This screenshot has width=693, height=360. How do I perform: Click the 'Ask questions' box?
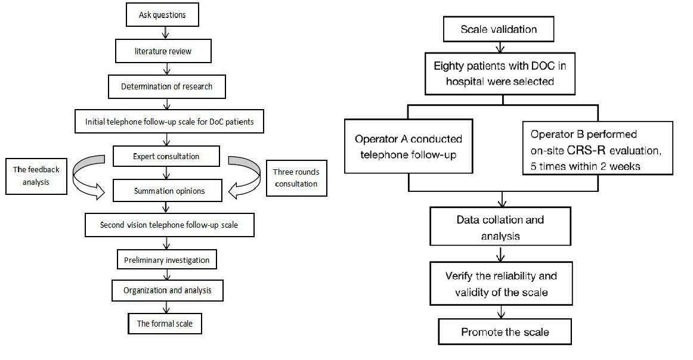pyautogui.click(x=162, y=14)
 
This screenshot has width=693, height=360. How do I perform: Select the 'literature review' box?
pyautogui.click(x=163, y=51)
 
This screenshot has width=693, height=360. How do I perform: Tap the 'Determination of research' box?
pyautogui.click(x=166, y=86)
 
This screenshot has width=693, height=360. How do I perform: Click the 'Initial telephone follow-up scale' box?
pyautogui.click(x=169, y=122)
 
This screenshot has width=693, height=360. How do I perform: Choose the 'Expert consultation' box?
pyautogui.click(x=166, y=156)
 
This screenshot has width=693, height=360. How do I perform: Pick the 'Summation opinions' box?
pyautogui.click(x=168, y=191)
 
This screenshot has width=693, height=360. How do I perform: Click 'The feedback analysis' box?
pyautogui.click(x=36, y=176)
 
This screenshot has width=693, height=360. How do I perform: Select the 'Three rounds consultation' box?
pyautogui.click(x=296, y=178)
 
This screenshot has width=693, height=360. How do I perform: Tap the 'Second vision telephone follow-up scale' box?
pyautogui.click(x=169, y=225)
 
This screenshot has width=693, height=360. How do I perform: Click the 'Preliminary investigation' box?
pyautogui.click(x=166, y=260)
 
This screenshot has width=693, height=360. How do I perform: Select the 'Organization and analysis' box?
pyautogui.click(x=168, y=290)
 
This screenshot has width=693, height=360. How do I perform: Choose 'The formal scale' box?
pyautogui.click(x=165, y=323)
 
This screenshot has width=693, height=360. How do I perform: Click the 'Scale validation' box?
pyautogui.click(x=499, y=29)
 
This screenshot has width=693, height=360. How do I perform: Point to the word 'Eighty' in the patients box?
pyautogui.click(x=448, y=66)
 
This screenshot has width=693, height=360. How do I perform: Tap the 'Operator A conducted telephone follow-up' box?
pyautogui.click(x=409, y=146)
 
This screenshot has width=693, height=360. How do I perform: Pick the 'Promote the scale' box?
pyautogui.click(x=505, y=332)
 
